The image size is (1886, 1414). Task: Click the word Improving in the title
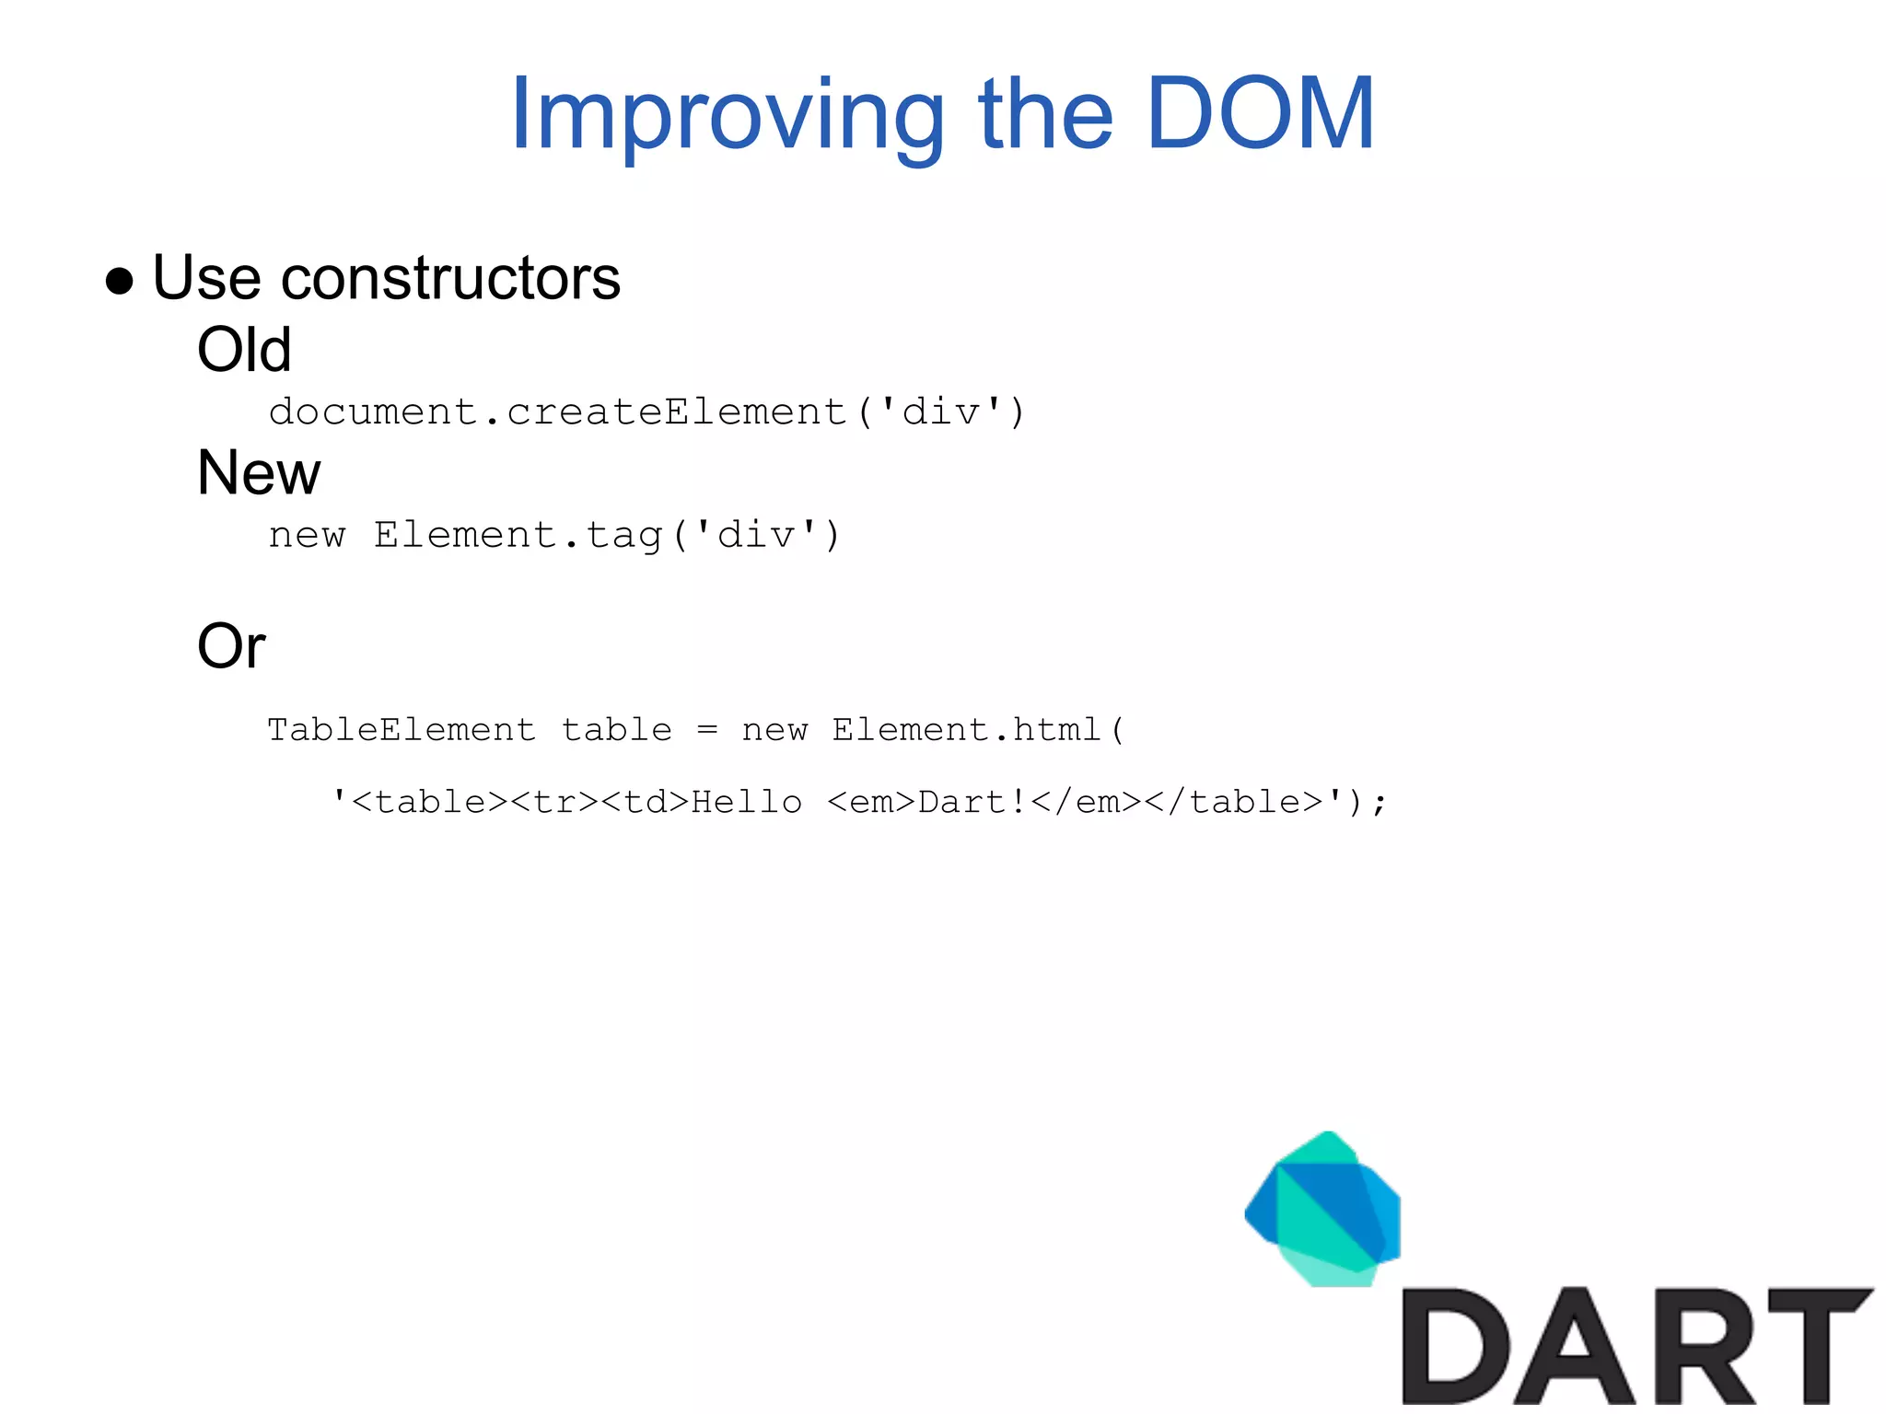728,115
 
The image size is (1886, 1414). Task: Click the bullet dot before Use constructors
120,280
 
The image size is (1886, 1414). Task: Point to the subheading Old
244,350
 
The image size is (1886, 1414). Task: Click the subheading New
259,473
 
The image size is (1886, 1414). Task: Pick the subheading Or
231,646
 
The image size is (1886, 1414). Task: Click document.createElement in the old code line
557,411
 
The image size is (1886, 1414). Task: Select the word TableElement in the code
401,730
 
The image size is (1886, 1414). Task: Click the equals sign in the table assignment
706,730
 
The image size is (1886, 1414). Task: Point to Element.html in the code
967,730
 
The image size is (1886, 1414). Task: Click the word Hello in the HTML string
746,802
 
